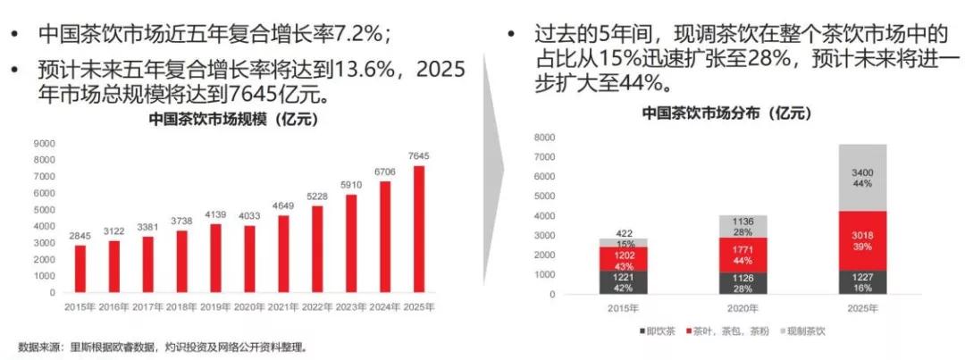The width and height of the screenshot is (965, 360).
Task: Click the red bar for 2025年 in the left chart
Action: coord(419,230)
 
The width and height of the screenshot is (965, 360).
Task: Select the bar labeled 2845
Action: coord(80,268)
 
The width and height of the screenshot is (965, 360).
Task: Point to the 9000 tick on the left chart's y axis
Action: coord(44,143)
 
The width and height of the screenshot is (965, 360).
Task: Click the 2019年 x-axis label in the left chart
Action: coord(214,307)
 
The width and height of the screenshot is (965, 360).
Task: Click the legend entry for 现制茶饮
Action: coord(808,331)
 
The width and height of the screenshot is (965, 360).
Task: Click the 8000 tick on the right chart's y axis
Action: coord(544,138)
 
